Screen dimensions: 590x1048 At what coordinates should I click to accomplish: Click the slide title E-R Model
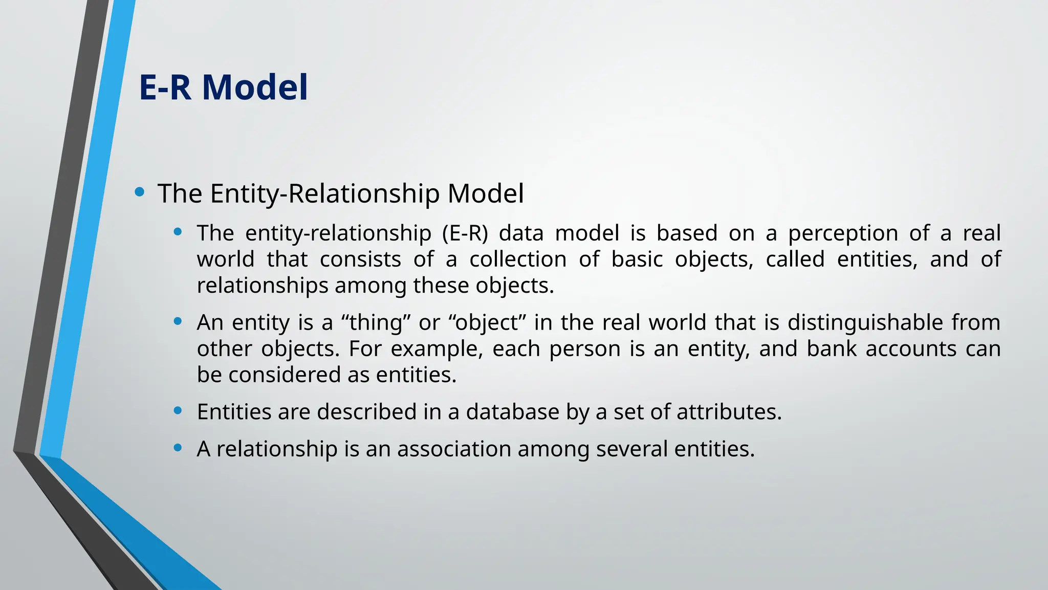click(x=224, y=87)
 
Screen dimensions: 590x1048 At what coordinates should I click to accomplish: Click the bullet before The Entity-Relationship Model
click(x=139, y=192)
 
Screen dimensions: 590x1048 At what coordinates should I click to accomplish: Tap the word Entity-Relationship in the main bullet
click(x=324, y=194)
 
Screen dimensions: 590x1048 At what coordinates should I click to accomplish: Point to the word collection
click(x=518, y=259)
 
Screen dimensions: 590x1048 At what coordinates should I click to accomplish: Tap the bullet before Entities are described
click(x=178, y=410)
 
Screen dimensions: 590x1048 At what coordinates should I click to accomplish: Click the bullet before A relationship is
click(x=178, y=448)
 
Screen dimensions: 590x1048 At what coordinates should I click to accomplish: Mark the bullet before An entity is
click(x=178, y=321)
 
